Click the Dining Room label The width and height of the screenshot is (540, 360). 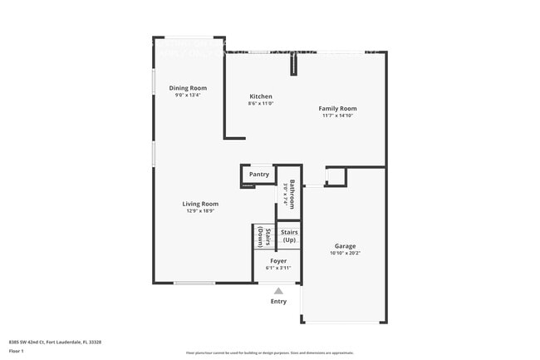(x=188, y=88)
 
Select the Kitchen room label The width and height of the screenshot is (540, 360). (x=261, y=96)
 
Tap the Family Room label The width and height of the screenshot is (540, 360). (x=339, y=109)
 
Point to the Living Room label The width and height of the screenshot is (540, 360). (x=200, y=204)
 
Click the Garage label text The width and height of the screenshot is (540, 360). (x=346, y=246)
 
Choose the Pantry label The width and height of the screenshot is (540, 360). (x=259, y=175)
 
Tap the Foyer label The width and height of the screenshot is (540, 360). (x=278, y=261)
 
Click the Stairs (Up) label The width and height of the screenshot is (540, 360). (x=289, y=236)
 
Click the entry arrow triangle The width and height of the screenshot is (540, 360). (x=278, y=291)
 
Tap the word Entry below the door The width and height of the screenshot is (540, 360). (x=278, y=301)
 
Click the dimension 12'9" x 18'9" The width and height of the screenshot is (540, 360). (x=200, y=211)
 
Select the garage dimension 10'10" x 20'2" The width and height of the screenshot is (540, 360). (x=346, y=254)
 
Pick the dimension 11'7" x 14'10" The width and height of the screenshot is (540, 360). (x=339, y=116)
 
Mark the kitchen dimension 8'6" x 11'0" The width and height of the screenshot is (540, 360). (x=261, y=104)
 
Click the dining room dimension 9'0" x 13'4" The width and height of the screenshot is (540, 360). (x=188, y=96)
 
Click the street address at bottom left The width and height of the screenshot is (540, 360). (x=55, y=342)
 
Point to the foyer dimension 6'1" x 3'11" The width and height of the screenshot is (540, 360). (x=278, y=268)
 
